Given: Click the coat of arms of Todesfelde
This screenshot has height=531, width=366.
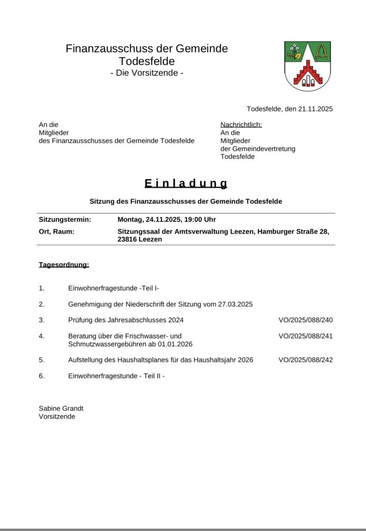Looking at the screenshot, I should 308,66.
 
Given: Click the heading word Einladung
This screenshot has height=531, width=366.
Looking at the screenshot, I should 186,184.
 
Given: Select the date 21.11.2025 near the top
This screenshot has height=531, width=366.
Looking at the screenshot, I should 315,109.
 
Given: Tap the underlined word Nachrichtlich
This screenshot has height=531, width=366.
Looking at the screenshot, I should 241,124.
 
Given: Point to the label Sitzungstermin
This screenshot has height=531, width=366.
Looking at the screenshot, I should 65,219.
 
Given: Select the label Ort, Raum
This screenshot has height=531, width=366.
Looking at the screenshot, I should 56,231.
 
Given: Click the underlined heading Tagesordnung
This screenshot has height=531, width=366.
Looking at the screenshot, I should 64,265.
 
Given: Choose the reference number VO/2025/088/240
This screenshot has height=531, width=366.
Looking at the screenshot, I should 305,320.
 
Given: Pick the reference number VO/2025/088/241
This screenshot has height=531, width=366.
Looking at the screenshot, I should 305,336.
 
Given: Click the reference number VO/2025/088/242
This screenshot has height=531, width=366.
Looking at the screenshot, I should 305,360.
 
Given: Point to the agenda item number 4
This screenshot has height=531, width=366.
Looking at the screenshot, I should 41,336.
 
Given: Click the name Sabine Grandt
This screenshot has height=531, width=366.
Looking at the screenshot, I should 61,409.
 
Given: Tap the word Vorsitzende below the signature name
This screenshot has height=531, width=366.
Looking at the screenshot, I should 57,416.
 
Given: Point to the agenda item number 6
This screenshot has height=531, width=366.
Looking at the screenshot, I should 41,376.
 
